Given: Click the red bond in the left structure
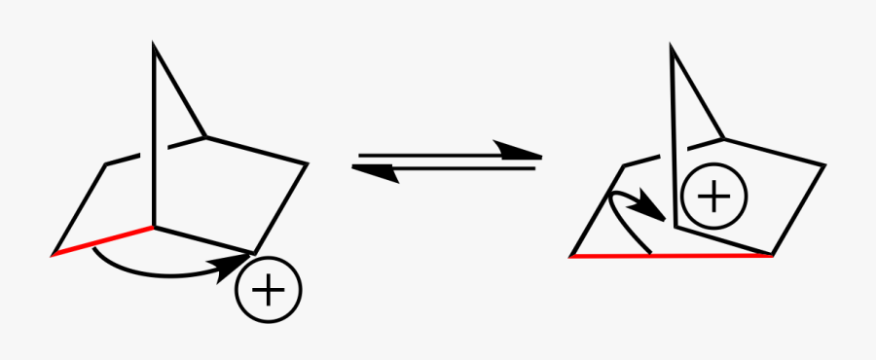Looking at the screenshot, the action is click(x=102, y=241).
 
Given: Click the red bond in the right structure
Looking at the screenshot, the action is click(x=672, y=256).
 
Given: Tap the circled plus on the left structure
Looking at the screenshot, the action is click(x=269, y=289).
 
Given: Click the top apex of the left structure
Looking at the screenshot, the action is click(x=153, y=46).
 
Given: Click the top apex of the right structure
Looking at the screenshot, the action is click(x=671, y=47).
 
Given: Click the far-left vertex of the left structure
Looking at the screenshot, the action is click(x=54, y=255).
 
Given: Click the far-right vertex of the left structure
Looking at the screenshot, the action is click(x=308, y=163).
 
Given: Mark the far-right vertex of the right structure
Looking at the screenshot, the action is click(x=824, y=165).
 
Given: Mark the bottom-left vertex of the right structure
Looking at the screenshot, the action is click(x=571, y=256).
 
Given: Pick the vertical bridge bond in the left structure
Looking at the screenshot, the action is click(x=153, y=136).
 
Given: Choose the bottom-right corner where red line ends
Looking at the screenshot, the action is click(x=772, y=256).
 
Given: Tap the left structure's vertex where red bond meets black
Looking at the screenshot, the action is click(x=153, y=228).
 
